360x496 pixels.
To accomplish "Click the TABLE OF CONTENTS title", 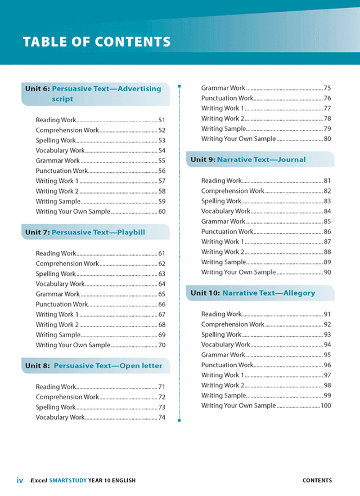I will coord(96,42).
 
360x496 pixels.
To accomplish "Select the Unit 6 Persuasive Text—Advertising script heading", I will coord(93,93).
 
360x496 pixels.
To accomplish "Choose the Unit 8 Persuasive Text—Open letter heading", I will coord(93,365).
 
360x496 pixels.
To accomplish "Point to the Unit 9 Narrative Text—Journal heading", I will coord(248,159).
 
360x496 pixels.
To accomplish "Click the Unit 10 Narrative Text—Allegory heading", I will coord(253,293).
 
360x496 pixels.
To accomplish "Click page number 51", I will coord(161,120).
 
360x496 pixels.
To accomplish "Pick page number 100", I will coord(325,405).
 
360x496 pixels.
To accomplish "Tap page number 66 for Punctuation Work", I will coord(161,304).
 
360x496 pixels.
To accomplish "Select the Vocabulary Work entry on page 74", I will coord(60,417).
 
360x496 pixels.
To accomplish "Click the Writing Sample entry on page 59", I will coord(58,201).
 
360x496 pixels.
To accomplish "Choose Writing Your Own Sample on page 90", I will coord(238,272).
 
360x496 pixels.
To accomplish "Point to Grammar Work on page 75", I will coord(223,88).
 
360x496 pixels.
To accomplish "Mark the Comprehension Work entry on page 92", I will coord(233,324).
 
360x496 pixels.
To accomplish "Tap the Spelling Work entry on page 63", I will coord(55,274).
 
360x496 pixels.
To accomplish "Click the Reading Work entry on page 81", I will coord(222,181).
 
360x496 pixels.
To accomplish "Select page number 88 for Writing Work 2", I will coord(327,252).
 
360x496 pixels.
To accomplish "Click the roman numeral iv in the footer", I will coord(20,480).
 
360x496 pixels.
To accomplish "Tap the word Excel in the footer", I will coord(38,480).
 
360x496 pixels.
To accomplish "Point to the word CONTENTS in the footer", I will coord(317,480).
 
